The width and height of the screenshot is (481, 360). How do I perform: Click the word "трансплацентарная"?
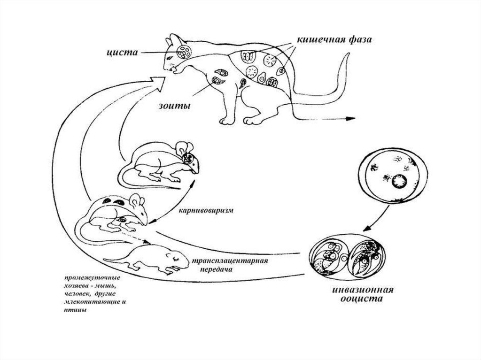click(229, 261)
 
